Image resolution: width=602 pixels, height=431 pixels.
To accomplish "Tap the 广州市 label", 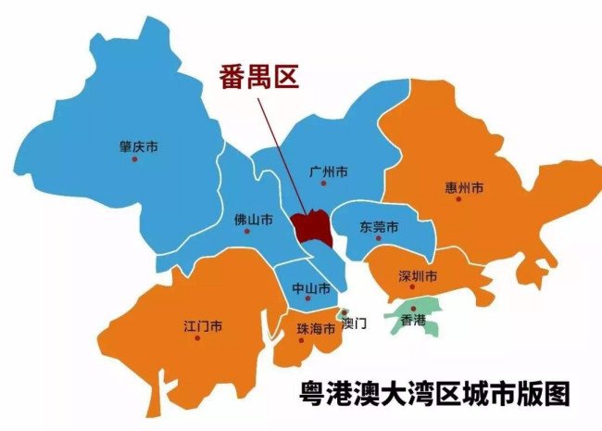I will [x=328, y=171].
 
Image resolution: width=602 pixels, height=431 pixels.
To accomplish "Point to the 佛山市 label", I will [x=253, y=221].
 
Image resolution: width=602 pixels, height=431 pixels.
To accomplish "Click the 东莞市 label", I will [x=379, y=227].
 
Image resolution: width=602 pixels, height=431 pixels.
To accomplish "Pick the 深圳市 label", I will [x=417, y=276].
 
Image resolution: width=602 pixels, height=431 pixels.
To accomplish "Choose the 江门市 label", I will [x=202, y=326].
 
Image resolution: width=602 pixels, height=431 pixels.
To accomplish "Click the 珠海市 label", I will [x=315, y=329].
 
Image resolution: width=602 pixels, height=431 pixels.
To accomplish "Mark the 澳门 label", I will [x=355, y=323].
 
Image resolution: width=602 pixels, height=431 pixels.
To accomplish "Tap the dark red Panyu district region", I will [x=309, y=224].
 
